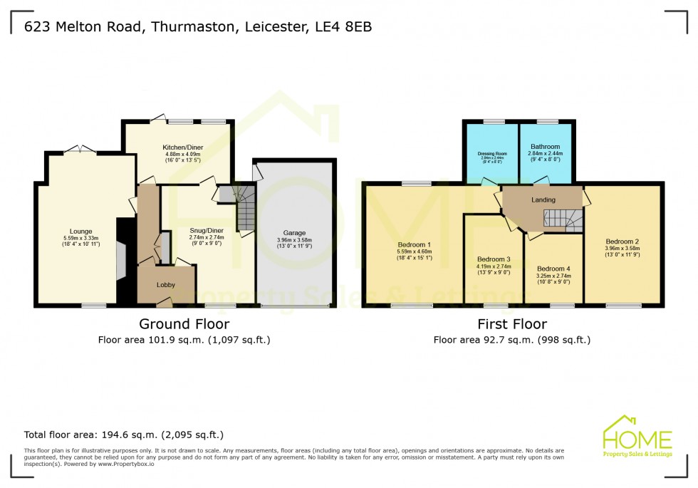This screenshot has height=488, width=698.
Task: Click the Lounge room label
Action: [x=80, y=231]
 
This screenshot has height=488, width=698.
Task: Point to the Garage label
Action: [x=294, y=233]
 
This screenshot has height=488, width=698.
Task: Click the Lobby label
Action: [x=166, y=285]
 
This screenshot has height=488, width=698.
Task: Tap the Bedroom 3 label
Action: [x=494, y=259]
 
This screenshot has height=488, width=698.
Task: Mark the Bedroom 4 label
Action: [x=553, y=269]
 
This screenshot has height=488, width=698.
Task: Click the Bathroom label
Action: [x=545, y=147]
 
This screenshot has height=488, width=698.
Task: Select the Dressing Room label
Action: [x=491, y=153]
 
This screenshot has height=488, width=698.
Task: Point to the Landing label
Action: [x=543, y=199]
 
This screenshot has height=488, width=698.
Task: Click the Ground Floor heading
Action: [x=184, y=324]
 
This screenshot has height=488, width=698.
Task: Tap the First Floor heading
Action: [x=511, y=324]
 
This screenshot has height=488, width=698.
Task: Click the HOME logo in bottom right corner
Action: [x=637, y=436]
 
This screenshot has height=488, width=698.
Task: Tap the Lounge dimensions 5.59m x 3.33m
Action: [x=80, y=238]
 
